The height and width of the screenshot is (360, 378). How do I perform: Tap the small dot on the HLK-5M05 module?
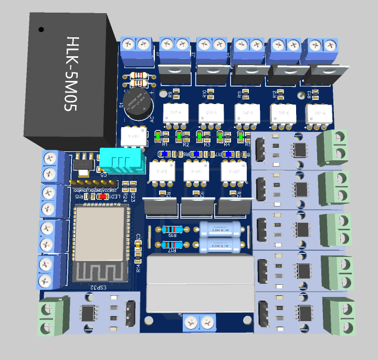point(41,30)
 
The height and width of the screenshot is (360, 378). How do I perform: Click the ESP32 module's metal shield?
point(100,231)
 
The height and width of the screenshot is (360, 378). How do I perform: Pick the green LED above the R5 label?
point(240,136)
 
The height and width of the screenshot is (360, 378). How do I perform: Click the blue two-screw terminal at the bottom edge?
point(201,322)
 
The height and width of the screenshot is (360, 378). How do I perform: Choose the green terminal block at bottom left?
point(54,316)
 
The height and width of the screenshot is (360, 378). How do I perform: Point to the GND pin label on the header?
point(98,191)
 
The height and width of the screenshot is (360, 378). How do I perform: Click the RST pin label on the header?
point(113,191)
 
